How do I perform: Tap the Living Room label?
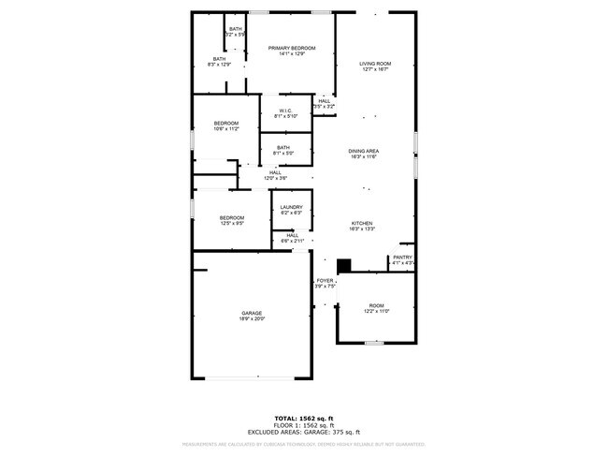[x=375, y=64]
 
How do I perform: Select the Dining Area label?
[x=364, y=151]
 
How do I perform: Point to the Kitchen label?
[x=363, y=223]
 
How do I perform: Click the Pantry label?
[x=402, y=258]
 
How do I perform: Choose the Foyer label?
[x=325, y=281]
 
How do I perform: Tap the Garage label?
[x=252, y=313]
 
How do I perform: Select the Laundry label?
[x=292, y=208]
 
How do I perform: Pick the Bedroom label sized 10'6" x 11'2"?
[x=225, y=124]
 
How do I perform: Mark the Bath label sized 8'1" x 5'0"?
[x=282, y=147]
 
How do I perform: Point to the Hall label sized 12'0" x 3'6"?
[x=275, y=172]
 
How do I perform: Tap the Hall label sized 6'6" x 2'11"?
[x=292, y=236]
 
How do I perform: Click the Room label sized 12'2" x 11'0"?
[x=376, y=305]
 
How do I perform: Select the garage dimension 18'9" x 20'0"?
[x=253, y=319]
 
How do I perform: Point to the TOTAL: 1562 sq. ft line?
[x=303, y=418]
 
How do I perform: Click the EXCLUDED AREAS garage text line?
[x=303, y=432]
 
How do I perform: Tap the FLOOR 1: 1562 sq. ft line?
[x=303, y=425]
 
